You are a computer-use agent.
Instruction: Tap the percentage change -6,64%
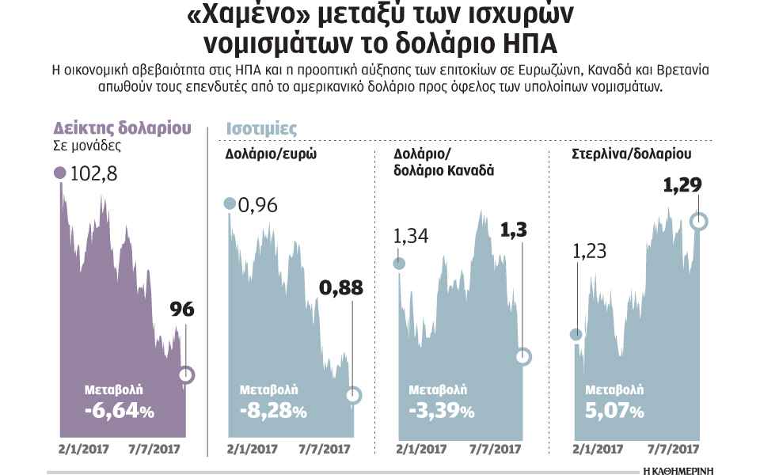pyautogui.click(x=119, y=412)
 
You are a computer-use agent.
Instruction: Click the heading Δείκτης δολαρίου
pyautogui.click(x=123, y=127)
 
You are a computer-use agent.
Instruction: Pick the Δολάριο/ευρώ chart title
pyautogui.click(x=272, y=154)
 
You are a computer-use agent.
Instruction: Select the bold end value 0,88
pyautogui.click(x=340, y=288)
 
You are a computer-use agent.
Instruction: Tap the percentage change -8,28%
pyautogui.click(x=272, y=412)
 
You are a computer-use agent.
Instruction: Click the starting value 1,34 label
pyautogui.click(x=411, y=236)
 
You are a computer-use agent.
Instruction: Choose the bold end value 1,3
pyautogui.click(x=514, y=230)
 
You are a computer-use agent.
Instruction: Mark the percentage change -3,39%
pyautogui.click(x=442, y=412)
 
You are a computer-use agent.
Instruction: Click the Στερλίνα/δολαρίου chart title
pyautogui.click(x=631, y=154)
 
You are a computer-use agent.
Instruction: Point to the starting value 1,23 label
pyautogui.click(x=589, y=252)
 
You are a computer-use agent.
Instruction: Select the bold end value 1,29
pyautogui.click(x=682, y=186)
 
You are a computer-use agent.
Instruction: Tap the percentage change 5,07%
pyautogui.click(x=614, y=412)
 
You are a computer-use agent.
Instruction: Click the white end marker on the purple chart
pyautogui.click(x=186, y=374)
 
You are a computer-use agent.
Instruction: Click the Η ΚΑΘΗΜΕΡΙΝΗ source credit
pyautogui.click(x=678, y=469)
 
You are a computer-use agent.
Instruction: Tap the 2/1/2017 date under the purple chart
pyautogui.click(x=83, y=449)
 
